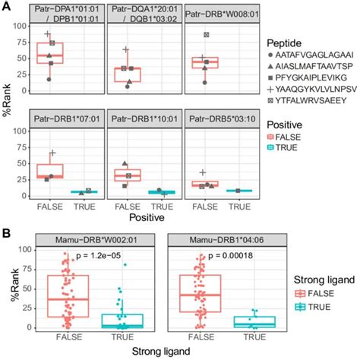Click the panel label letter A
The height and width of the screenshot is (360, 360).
pyautogui.click(x=5, y=7)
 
